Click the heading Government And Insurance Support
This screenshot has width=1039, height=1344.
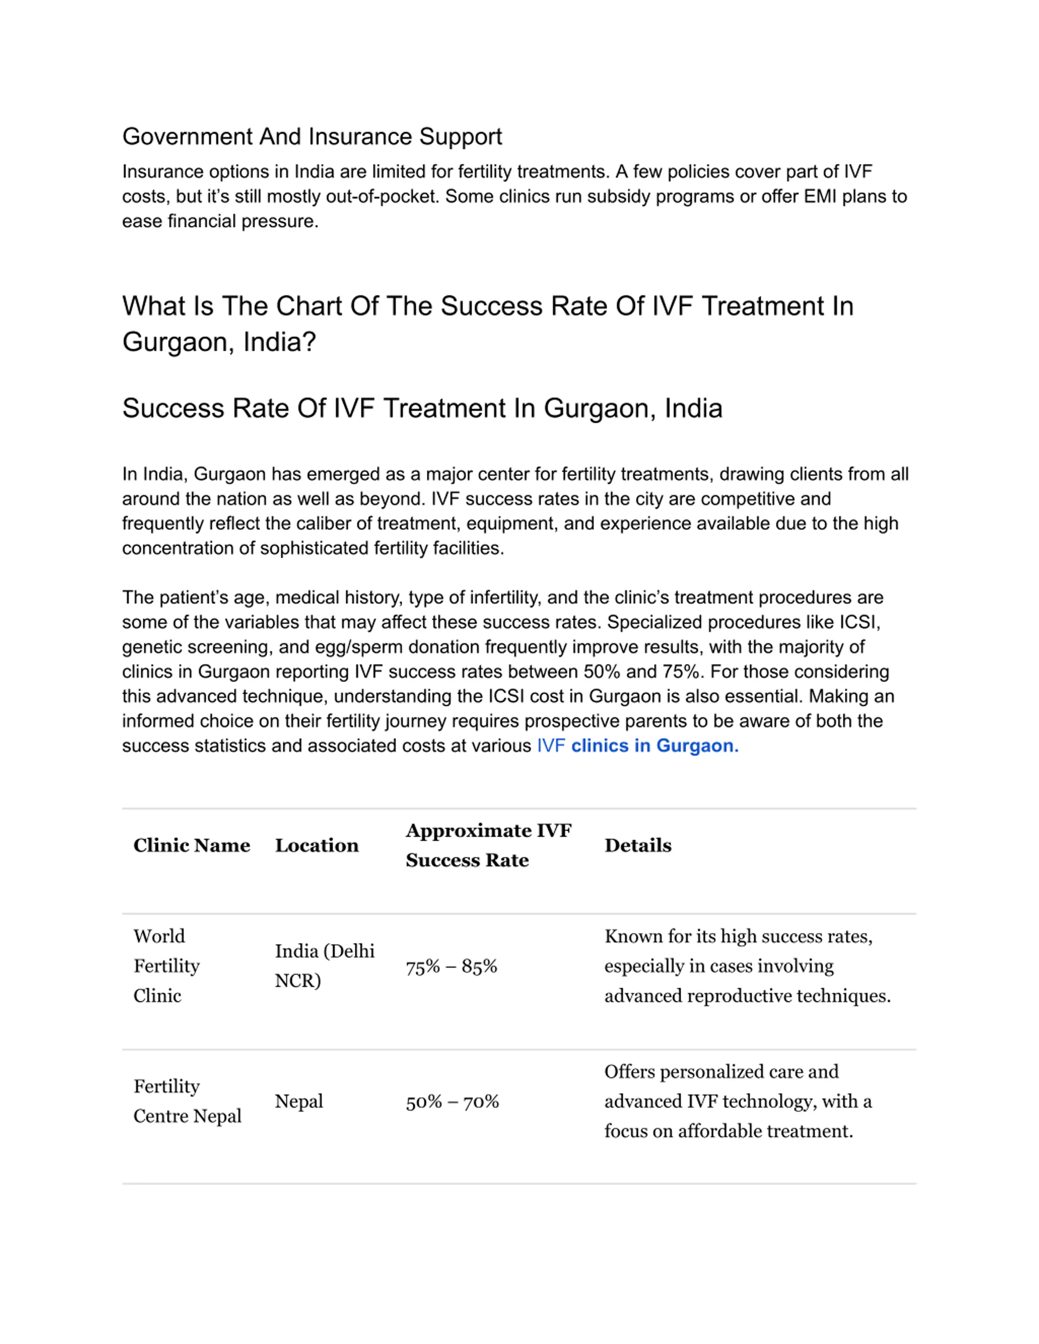(312, 137)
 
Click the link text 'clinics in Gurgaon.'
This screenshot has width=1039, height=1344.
(654, 746)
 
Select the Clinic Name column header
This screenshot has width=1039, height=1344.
(192, 845)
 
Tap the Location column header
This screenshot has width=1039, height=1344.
(317, 845)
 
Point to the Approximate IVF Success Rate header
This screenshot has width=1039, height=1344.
(488, 845)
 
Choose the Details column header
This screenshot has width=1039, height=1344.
(638, 845)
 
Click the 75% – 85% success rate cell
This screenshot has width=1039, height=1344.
(451, 967)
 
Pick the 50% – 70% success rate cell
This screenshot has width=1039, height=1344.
(452, 1101)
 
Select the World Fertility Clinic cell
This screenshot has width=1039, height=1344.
(166, 966)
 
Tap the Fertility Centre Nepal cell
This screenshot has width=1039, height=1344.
(187, 1101)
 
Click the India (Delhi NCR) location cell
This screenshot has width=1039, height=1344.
(324, 966)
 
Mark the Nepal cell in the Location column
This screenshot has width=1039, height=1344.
(299, 1101)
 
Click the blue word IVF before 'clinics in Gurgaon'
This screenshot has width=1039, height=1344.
(551, 746)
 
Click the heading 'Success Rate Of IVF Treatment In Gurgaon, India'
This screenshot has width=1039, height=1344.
(422, 409)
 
